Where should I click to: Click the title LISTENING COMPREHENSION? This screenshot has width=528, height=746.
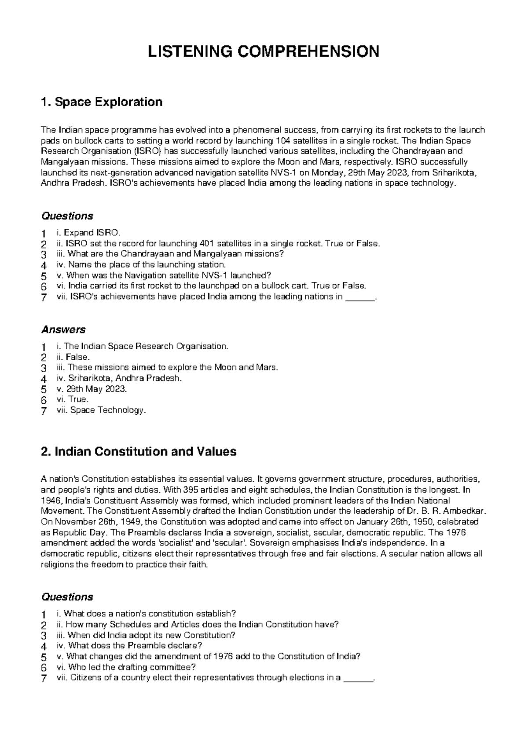click(x=264, y=51)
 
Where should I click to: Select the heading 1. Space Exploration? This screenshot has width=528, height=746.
click(x=101, y=102)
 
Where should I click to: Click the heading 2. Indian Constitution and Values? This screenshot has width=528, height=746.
click(x=138, y=451)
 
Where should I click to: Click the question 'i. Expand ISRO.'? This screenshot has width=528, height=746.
click(x=88, y=233)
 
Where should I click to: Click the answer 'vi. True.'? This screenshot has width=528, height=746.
click(x=73, y=399)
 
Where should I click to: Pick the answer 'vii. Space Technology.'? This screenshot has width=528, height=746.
click(x=101, y=410)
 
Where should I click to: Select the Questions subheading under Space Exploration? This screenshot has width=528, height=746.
click(x=67, y=216)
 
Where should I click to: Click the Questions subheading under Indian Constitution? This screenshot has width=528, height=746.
click(x=67, y=597)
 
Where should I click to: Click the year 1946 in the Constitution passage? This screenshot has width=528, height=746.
click(x=48, y=501)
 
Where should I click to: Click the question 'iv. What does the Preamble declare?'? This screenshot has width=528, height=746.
click(x=129, y=646)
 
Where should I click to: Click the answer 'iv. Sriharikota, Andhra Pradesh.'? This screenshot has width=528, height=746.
click(x=119, y=378)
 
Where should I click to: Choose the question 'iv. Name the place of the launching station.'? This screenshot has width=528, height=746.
click(x=141, y=265)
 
